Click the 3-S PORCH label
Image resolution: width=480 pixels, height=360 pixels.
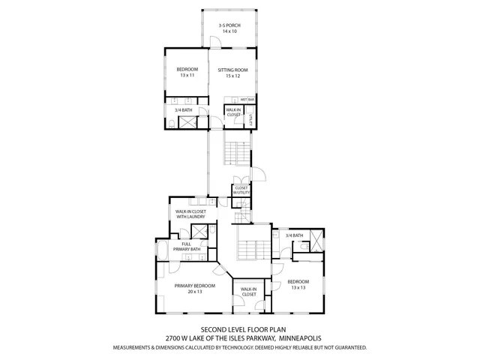click(229, 25)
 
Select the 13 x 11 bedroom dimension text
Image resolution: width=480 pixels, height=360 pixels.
click(187, 76)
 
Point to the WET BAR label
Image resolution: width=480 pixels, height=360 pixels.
click(247, 100)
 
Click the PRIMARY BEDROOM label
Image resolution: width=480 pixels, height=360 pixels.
click(195, 286)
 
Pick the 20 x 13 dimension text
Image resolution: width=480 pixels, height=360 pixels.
click(195, 292)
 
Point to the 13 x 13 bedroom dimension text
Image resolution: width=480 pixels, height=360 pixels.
click(298, 287)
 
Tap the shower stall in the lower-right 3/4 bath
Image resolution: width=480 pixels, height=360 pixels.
click(318, 242)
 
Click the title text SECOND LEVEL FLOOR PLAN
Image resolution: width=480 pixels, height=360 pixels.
click(239, 329)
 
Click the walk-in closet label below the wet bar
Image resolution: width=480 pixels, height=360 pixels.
click(233, 112)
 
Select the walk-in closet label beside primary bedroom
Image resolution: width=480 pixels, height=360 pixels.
click(248, 292)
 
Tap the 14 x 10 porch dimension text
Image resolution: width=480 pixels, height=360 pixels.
click(229, 31)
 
